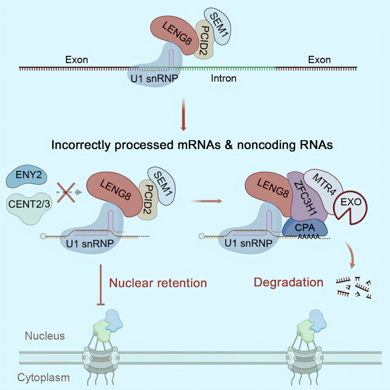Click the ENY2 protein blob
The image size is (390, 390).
click(x=27, y=175)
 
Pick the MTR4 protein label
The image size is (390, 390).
click(x=324, y=184)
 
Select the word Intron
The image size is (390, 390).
click(x=223, y=79)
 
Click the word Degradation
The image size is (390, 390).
click(x=288, y=282)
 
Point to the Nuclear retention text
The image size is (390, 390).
click(x=158, y=283)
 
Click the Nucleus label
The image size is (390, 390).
click(x=45, y=336)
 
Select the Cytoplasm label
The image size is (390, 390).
click(x=44, y=378)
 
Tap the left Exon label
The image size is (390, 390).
click(x=76, y=60)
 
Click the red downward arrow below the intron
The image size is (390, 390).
click(x=183, y=114)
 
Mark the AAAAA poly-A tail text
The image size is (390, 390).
click(x=309, y=237)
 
